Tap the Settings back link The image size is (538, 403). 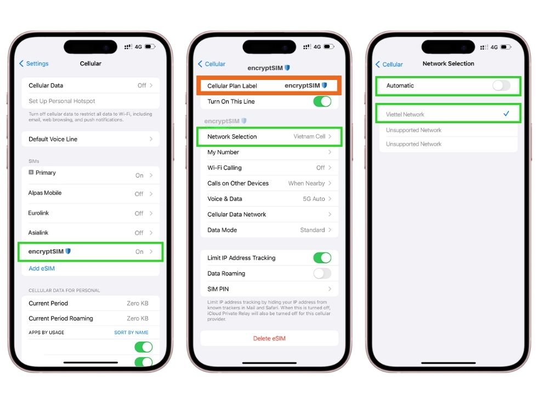pos(33,64)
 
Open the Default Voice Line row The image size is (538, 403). pos(90,139)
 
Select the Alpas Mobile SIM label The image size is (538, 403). pos(45,193)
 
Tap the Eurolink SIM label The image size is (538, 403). pos(38,213)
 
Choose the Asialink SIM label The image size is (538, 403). pos(38,233)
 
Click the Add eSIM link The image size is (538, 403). pos(42,268)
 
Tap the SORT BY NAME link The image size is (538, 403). pos(131,332)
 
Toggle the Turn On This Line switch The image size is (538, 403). pos(322,101)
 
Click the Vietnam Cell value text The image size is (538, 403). pos(309,136)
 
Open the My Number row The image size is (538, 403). pos(269,152)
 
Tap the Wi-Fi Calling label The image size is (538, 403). pos(224,168)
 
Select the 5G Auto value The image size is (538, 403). pos(314,199)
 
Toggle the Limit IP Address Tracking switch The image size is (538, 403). pos(322,258)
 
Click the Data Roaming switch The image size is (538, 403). pos(322,273)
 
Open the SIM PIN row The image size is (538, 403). pos(269,289)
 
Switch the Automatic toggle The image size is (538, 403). pos(501,85)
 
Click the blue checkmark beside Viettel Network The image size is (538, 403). pos(506,113)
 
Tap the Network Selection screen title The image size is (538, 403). pos(448,64)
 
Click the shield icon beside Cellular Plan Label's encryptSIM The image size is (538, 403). pos(324,85)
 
